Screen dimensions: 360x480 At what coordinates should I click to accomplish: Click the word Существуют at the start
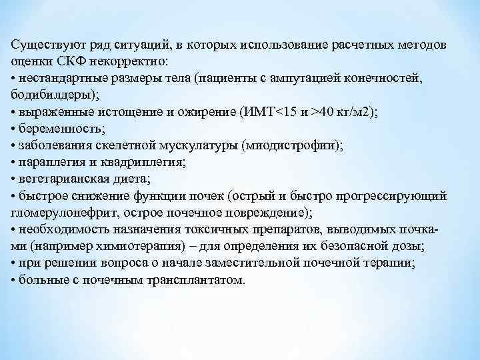[43, 45]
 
